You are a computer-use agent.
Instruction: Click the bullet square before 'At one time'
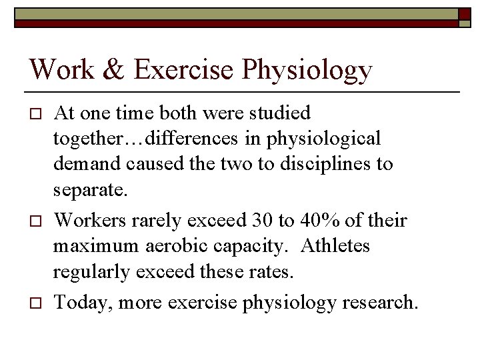37,112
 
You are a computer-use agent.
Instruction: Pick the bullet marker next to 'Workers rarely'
37,220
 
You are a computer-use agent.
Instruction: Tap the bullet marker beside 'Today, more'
37,303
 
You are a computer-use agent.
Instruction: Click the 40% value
312,220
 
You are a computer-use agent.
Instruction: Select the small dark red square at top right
463,17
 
